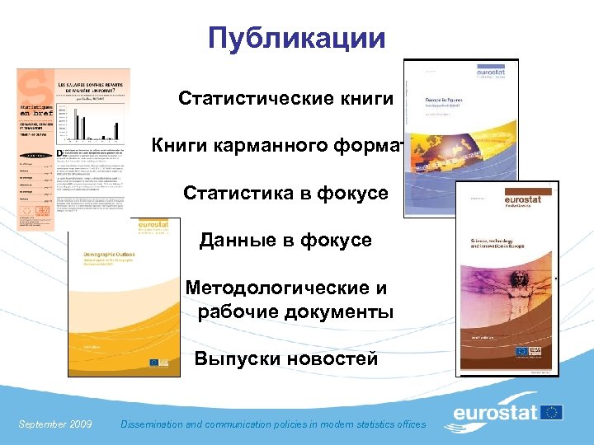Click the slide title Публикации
297,37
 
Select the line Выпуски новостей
285,359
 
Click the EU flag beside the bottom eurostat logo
550,412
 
